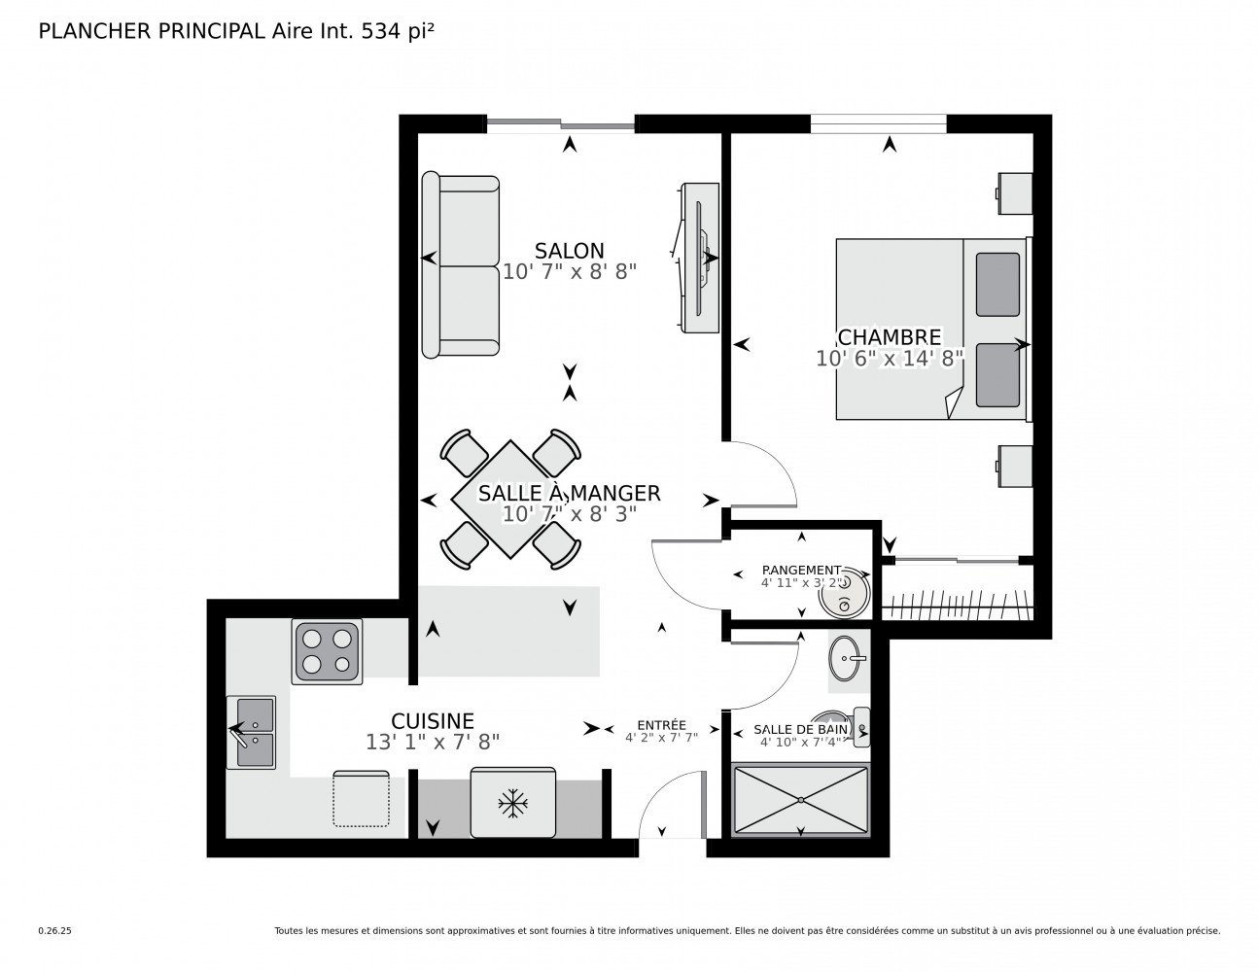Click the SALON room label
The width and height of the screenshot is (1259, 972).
pos(569,251)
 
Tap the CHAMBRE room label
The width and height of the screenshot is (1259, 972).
pos(889,337)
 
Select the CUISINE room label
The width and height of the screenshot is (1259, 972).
pos(433,720)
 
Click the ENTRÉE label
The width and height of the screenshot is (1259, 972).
pos(661,725)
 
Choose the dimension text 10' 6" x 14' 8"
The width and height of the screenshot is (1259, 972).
pos(889,359)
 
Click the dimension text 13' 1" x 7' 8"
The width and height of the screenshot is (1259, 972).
pos(433,742)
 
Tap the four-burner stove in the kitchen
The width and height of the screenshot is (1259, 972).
pos(327,651)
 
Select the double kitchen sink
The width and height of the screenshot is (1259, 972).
pos(251,732)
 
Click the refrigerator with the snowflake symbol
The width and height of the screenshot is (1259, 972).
pos(512,802)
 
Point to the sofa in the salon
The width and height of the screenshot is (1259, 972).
pos(460,265)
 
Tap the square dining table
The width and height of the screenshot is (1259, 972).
pos(511,500)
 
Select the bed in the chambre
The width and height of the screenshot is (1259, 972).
pos(931,330)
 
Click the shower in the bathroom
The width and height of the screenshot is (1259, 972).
pos(799,800)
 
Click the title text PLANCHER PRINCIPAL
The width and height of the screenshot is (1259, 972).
pos(150,31)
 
